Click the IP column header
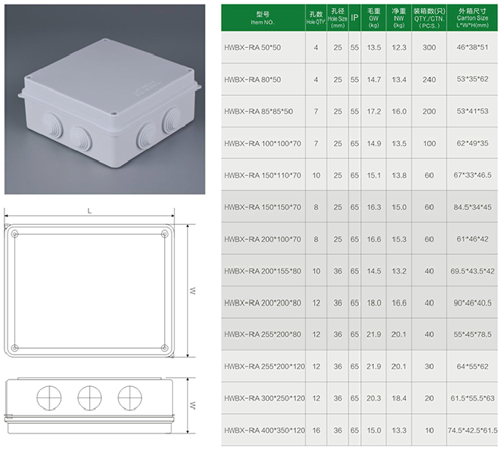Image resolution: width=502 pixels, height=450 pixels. [354, 18]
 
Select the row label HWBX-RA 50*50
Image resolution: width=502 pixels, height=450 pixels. [252, 48]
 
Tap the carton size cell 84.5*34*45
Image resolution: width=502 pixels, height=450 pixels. [472, 207]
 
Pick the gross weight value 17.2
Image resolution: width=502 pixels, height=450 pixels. [374, 112]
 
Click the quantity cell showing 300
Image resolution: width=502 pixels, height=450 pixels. [429, 48]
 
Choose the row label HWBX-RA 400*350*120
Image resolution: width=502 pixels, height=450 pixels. [264, 430]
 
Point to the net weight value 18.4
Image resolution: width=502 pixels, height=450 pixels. [399, 398]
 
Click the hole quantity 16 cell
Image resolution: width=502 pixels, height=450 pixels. [316, 430]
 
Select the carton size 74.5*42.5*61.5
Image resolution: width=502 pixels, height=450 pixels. [473, 430]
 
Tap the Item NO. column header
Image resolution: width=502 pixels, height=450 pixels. [262, 18]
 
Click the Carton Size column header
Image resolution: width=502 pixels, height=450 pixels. [472, 18]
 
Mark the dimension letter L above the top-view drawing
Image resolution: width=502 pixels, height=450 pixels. [89, 211]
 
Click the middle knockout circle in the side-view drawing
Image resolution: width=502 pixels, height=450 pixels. [90, 397]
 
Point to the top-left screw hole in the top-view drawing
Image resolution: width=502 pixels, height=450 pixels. [15, 235]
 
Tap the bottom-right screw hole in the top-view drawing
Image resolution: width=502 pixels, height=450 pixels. [164, 348]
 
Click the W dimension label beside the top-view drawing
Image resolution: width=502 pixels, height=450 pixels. [193, 290]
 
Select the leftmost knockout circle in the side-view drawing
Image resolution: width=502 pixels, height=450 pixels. [49, 397]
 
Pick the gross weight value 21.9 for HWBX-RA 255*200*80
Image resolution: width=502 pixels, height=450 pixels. [374, 334]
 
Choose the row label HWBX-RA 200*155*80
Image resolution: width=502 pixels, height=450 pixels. [262, 271]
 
